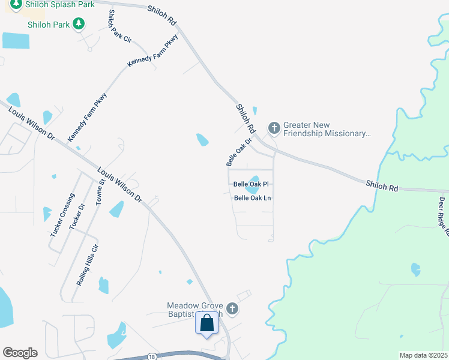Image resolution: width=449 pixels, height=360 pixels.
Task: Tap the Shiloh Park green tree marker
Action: coord(78,24)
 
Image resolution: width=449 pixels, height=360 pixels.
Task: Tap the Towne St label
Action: coord(101,190)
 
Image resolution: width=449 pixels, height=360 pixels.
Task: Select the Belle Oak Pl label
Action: coord(250,184)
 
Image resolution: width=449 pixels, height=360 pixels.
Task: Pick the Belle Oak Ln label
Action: coord(252,197)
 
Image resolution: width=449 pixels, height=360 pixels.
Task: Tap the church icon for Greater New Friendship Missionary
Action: coord(274,128)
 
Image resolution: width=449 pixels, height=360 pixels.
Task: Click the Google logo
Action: coord(20,353)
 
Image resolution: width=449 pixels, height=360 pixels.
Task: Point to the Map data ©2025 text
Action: coord(423,355)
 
